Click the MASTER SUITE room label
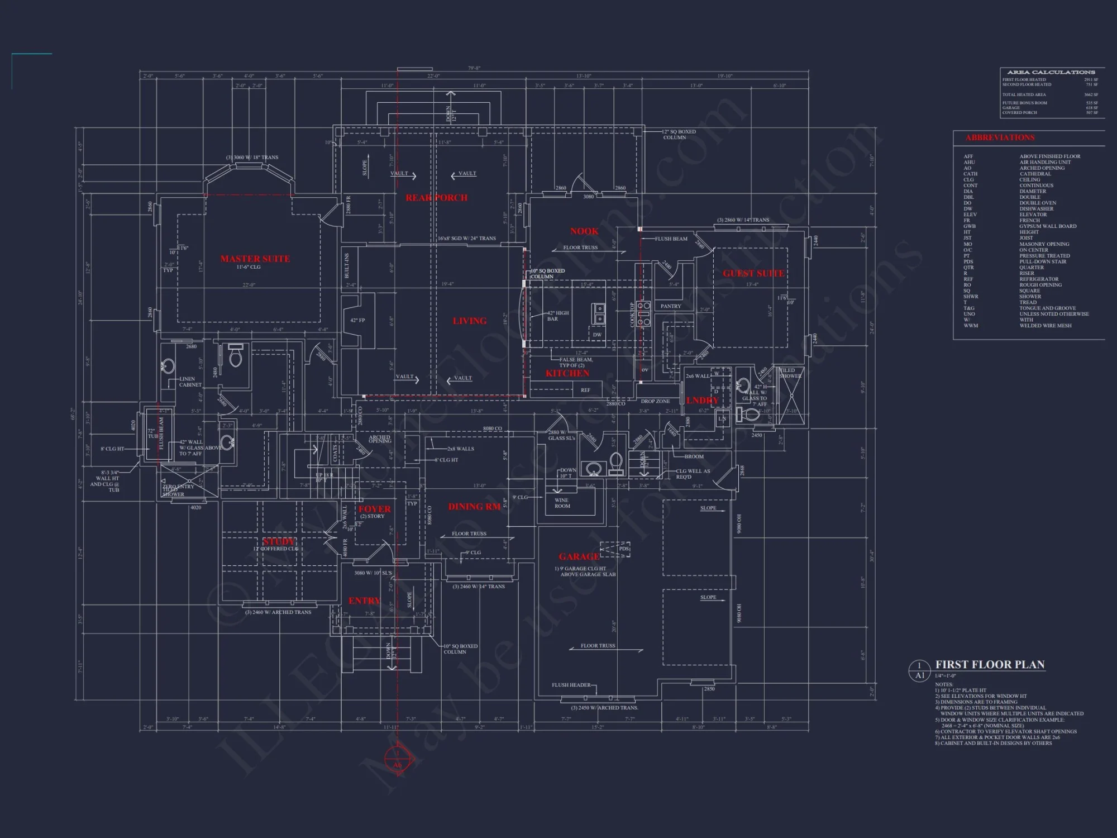pos(255,259)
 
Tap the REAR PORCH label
pos(436,198)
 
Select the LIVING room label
pos(469,321)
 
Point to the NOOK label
pos(584,231)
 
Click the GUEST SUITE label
pos(753,273)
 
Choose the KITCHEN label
pos(567,373)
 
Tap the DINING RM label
pos(474,507)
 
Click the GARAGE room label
pos(579,556)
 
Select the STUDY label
pos(279,541)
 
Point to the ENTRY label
pos(364,601)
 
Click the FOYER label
pos(374,509)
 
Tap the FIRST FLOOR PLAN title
pos(990,664)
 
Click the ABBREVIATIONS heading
pos(1000,137)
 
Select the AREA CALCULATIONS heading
pos(1051,72)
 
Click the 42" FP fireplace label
pos(357,320)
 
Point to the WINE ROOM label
pos(562,503)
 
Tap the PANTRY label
pos(671,306)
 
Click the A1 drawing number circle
pos(919,670)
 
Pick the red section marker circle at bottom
pos(397,761)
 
